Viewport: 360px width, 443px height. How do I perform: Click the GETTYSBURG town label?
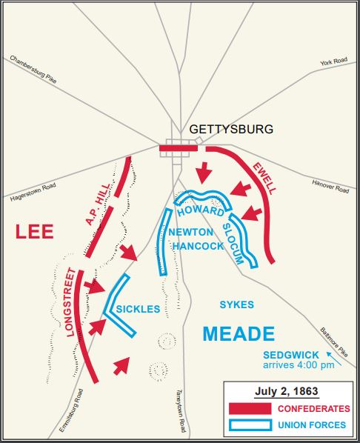(231, 129)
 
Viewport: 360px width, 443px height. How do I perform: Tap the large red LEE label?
(35, 232)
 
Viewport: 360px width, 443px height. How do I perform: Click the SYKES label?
(236, 304)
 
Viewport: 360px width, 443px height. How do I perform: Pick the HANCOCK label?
(196, 246)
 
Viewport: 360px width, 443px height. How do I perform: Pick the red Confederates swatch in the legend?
(250, 408)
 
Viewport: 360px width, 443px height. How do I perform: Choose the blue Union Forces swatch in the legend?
(250, 425)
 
